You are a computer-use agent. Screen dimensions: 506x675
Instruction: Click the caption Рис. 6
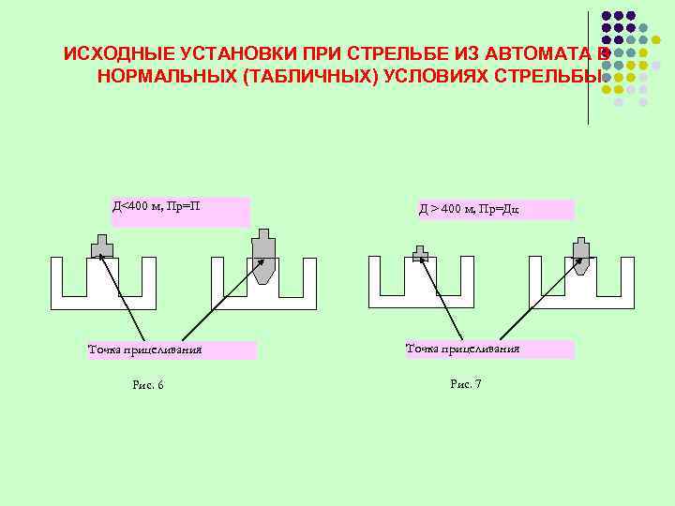pyautogui.click(x=148, y=385)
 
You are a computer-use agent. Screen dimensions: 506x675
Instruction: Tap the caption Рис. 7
pyautogui.click(x=465, y=384)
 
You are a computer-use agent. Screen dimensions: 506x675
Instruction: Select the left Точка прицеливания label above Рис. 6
pyautogui.click(x=145, y=350)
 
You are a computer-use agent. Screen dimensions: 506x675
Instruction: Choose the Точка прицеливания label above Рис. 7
pyautogui.click(x=462, y=350)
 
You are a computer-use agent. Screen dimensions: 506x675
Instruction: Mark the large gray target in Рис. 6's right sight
pyautogui.click(x=263, y=256)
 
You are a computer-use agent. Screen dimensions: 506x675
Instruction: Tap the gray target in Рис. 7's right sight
pyautogui.click(x=580, y=254)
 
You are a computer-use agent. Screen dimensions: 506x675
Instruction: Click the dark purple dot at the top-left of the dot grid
pyautogui.click(x=607, y=16)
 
